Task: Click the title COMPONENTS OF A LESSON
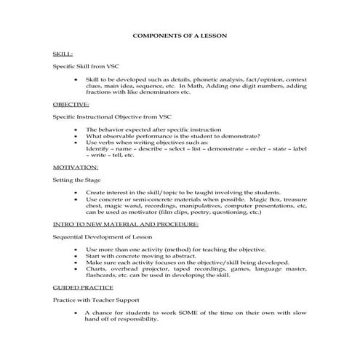click(x=180, y=36)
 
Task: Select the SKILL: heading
click(x=63, y=55)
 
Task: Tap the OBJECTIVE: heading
click(x=71, y=104)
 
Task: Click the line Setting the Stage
click(x=77, y=179)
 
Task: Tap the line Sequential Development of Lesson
click(x=101, y=237)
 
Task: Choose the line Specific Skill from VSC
click(x=84, y=65)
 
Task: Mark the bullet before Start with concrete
click(x=76, y=256)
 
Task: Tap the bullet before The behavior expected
click(x=76, y=129)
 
